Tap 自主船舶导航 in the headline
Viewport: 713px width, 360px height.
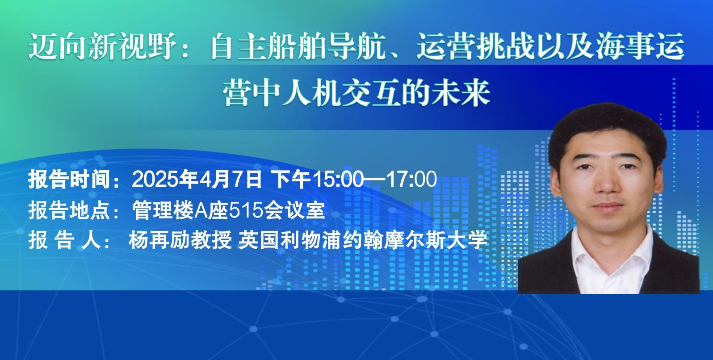[298, 46]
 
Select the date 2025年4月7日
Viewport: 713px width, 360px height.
[197, 179]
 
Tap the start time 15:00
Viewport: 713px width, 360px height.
[338, 179]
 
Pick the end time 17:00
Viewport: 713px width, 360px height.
[411, 179]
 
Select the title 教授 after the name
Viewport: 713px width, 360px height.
[211, 240]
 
